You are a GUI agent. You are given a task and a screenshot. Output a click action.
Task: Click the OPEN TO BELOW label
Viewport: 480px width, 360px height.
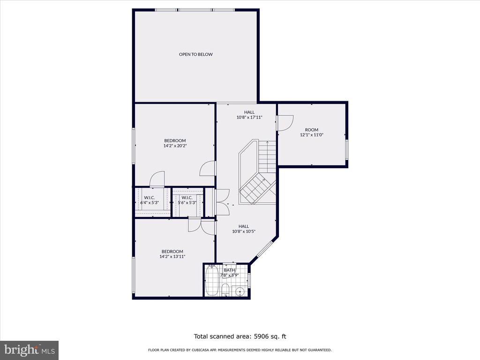pyautogui.click(x=195, y=54)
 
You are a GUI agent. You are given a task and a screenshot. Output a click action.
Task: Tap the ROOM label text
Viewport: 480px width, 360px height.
pyautogui.click(x=312, y=130)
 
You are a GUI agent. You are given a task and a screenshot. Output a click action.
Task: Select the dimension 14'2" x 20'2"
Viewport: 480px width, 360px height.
pyautogui.click(x=175, y=146)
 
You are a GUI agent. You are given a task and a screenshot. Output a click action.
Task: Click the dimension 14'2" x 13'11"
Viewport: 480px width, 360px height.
pyautogui.click(x=172, y=256)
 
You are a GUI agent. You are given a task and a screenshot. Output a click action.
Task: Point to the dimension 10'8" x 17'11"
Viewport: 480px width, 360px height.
pyautogui.click(x=249, y=117)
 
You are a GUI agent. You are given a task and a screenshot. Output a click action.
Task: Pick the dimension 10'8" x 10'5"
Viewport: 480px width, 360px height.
pyautogui.click(x=244, y=232)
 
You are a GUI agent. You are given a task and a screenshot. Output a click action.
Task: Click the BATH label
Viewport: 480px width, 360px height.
pyautogui.click(x=230, y=270)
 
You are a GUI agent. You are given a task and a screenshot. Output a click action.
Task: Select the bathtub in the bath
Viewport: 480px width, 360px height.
pyautogui.click(x=212, y=281)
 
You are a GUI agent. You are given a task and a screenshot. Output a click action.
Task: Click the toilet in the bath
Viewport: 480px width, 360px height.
pyautogui.click(x=225, y=290)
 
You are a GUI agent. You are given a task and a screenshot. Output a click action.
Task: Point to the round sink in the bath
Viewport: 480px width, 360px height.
pyautogui.click(x=240, y=292)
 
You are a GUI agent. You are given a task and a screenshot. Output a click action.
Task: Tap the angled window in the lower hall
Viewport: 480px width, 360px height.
pyautogui.click(x=264, y=249)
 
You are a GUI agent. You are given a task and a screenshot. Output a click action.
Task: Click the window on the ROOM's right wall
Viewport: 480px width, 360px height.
pyautogui.click(x=346, y=150)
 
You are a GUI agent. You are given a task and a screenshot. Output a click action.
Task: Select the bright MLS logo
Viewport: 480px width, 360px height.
pyautogui.click(x=29, y=350)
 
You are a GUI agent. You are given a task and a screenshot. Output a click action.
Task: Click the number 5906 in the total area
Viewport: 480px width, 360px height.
pyautogui.click(x=261, y=337)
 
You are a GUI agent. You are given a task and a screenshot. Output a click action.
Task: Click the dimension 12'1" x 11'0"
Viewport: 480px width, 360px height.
pyautogui.click(x=312, y=135)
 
